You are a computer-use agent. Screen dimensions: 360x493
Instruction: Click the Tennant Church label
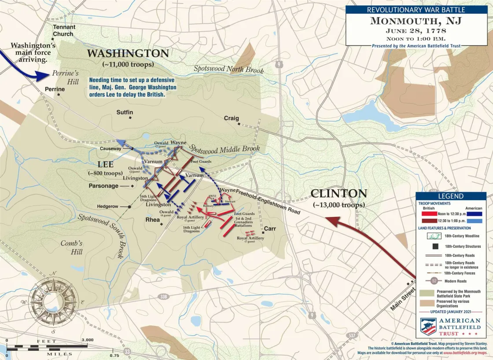coord(64,30)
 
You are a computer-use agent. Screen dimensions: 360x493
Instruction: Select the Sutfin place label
coord(125,113)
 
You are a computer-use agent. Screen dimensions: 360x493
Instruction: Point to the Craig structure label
coord(231,118)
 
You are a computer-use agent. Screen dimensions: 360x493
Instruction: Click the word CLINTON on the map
coord(338,193)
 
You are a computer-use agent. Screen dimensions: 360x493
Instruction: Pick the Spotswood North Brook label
coord(228,69)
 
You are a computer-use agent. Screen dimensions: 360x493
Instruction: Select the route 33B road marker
coord(164,297)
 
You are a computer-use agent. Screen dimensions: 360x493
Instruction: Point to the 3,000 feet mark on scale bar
coord(87,340)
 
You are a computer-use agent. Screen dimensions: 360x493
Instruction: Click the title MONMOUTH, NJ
coord(416,21)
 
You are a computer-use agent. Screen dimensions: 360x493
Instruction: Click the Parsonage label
coord(103,186)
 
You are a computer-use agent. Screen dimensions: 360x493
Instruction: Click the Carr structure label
coord(269,229)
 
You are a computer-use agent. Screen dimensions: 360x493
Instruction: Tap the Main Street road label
coord(403,298)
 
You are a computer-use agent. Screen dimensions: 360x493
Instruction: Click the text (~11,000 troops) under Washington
coord(128,65)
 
